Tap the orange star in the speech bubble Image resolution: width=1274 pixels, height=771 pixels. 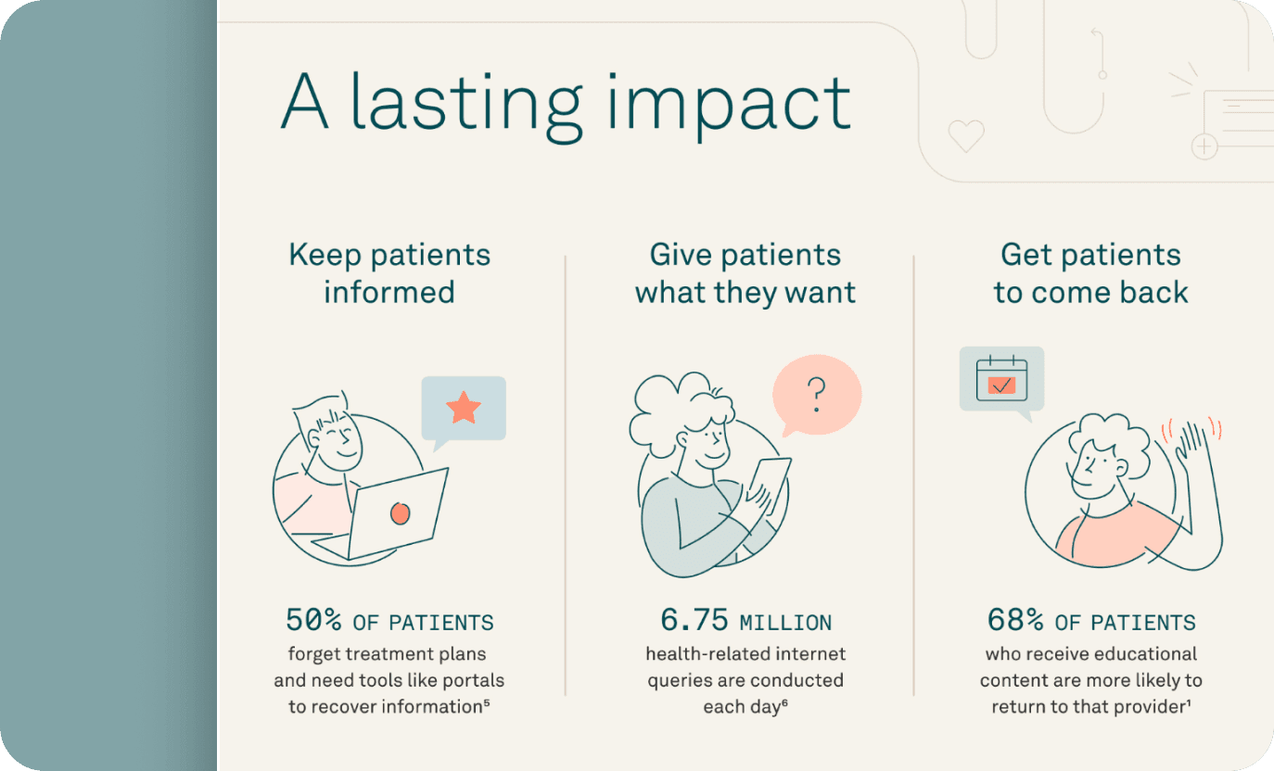click(464, 407)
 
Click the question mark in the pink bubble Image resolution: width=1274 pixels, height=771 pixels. click(817, 396)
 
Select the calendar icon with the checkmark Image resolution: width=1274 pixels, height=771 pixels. click(1001, 377)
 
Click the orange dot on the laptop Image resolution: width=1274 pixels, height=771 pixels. click(400, 512)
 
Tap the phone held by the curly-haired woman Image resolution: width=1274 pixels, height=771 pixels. click(770, 482)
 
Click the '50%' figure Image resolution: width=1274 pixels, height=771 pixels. click(313, 620)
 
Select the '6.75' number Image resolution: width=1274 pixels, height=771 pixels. click(694, 620)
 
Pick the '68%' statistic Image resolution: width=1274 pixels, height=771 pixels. click(1015, 620)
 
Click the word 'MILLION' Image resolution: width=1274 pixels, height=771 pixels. click(785, 623)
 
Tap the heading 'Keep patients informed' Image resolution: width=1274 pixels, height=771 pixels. click(389, 273)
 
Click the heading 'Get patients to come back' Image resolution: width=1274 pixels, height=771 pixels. click(1090, 273)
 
